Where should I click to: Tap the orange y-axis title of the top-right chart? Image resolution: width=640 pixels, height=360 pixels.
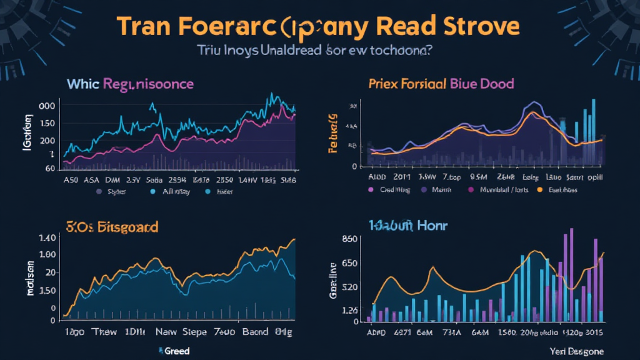click(333, 132)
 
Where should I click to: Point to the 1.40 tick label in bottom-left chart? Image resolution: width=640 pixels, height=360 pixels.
click(47, 238)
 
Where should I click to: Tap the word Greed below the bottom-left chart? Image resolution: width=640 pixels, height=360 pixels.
click(177, 351)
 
